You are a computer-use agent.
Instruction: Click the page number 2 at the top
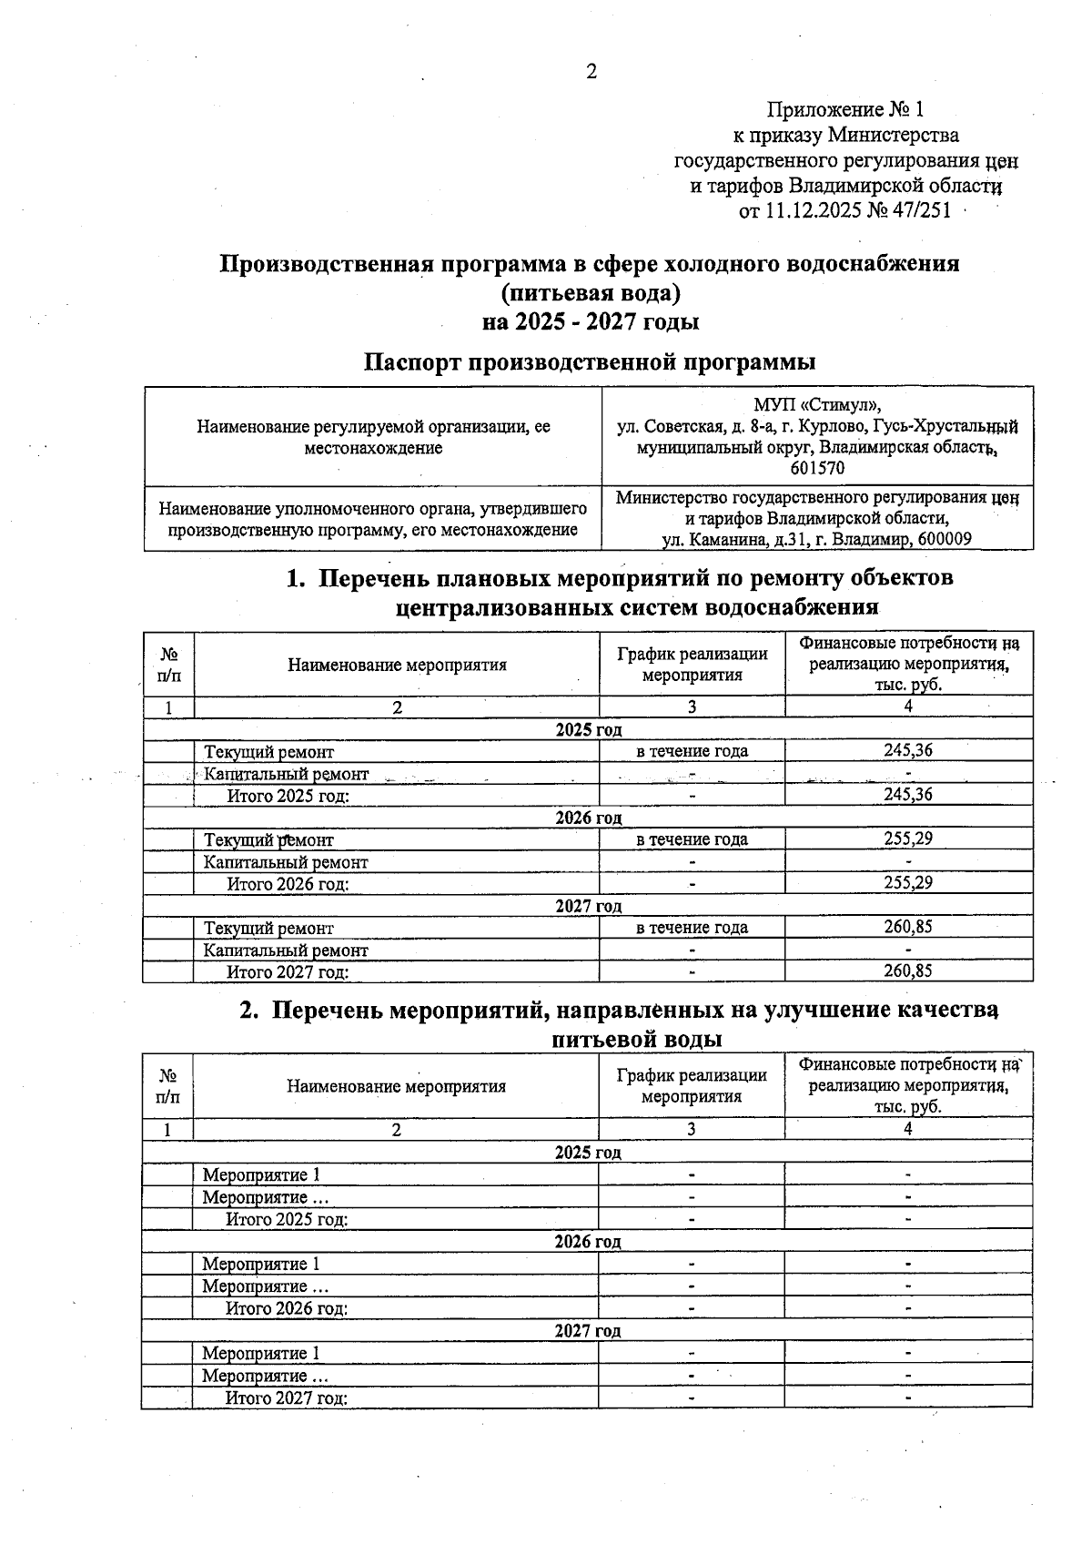[x=591, y=72]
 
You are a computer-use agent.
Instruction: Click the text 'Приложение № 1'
[x=845, y=110]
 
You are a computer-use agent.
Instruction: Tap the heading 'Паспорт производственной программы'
[x=590, y=361]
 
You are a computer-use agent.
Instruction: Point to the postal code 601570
[x=817, y=469]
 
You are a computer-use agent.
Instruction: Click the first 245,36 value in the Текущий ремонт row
[x=907, y=750]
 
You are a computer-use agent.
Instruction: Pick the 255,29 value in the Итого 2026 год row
[x=907, y=882]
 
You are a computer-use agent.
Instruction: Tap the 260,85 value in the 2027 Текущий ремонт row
[x=907, y=926]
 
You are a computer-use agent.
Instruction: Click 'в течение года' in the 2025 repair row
[x=692, y=751]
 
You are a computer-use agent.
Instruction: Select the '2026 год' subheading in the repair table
[x=588, y=818]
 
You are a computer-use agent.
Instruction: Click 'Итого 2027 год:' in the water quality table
[x=287, y=1398]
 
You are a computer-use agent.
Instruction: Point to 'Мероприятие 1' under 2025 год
[x=261, y=1175]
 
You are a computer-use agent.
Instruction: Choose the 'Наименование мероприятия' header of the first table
[x=397, y=665]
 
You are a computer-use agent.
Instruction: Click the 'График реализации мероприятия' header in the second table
[x=692, y=1085]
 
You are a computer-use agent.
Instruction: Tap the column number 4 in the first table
[x=907, y=706]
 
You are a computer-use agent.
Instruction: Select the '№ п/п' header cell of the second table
[x=167, y=1085]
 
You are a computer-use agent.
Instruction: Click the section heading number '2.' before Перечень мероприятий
[x=250, y=1011]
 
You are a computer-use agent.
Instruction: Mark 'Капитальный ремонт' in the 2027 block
[x=286, y=950]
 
